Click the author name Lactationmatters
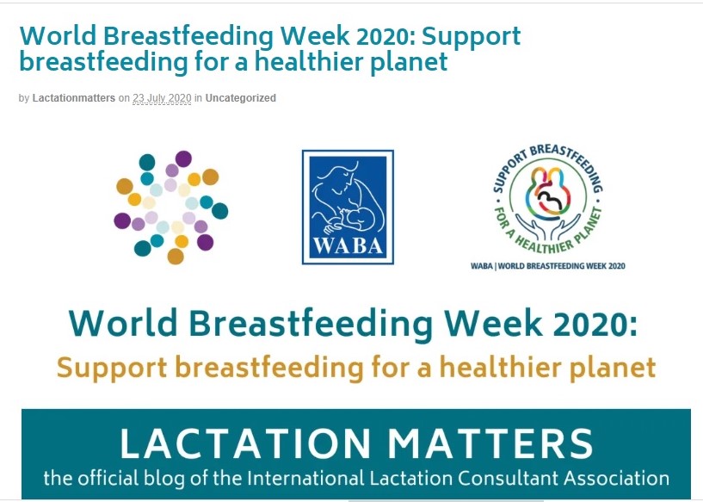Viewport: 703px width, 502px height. [x=73, y=98]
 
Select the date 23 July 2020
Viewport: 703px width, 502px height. [x=162, y=98]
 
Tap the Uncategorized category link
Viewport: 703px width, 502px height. [x=240, y=98]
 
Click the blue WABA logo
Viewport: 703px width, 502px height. [x=348, y=207]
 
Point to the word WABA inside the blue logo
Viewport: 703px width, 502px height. [x=348, y=246]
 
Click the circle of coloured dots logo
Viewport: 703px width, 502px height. [x=171, y=208]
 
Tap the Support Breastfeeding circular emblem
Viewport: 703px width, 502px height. [x=548, y=199]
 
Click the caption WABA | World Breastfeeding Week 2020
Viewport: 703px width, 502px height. [x=548, y=266]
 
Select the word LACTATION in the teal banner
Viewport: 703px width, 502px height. [x=244, y=443]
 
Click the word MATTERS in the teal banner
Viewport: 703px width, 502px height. [x=490, y=443]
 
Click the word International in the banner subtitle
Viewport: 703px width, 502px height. [x=305, y=478]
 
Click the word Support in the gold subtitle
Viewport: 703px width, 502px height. [x=112, y=369]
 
